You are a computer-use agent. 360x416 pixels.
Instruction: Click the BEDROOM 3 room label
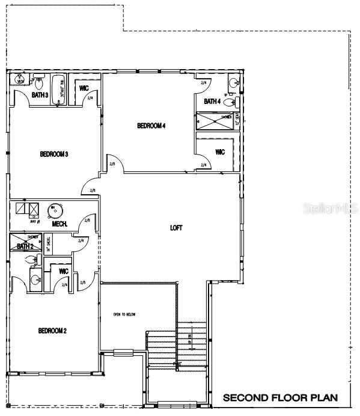click(x=53, y=154)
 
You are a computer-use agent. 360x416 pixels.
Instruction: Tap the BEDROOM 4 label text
click(x=151, y=126)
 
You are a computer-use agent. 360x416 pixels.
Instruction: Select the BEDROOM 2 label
click(x=52, y=331)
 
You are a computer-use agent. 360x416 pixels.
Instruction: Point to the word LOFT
click(x=176, y=228)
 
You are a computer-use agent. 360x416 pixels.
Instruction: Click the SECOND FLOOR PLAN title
click(x=280, y=398)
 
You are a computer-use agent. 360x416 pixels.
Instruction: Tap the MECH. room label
click(x=60, y=224)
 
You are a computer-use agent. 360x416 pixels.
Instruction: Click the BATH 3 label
click(x=40, y=95)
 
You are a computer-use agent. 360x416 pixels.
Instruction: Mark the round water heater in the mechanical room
click(x=55, y=210)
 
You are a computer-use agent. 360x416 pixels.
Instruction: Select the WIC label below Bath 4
click(x=220, y=152)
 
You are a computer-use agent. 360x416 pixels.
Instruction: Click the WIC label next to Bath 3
click(x=84, y=89)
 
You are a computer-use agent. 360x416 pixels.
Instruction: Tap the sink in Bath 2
click(x=35, y=279)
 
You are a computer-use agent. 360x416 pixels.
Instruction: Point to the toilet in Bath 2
click(x=38, y=260)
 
